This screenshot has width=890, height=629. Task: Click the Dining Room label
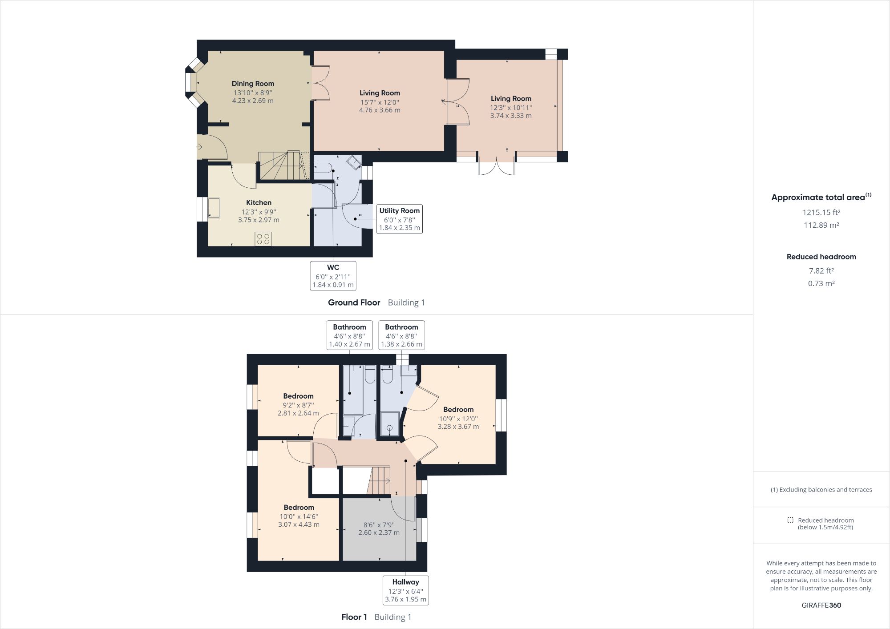point(253,84)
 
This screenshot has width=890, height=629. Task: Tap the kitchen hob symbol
point(263,238)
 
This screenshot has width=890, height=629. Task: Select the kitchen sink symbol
point(213,208)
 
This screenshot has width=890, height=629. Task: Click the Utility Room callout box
point(399,219)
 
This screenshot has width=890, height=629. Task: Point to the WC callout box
point(333,276)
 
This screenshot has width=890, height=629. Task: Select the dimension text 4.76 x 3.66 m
point(380,110)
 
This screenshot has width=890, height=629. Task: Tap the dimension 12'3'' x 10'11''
point(511,108)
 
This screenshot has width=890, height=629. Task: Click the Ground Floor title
point(354,302)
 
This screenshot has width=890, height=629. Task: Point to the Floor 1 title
point(354,617)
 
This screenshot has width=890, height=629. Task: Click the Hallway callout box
point(405,590)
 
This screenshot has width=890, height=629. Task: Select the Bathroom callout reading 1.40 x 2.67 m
point(349,335)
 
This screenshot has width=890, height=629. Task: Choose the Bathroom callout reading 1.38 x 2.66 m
point(401,335)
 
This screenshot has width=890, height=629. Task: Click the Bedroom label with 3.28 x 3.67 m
point(458,410)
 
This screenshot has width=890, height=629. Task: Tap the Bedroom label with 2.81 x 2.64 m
point(298,396)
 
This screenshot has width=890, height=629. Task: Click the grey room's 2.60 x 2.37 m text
point(379,532)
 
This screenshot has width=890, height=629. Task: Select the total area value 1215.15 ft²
point(821,213)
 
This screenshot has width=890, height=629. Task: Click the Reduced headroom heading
point(821,257)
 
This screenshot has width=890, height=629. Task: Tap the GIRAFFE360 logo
point(821,605)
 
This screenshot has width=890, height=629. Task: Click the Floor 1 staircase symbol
point(379,480)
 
